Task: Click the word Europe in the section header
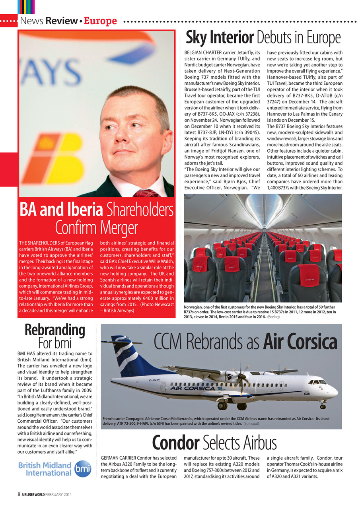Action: [x=100, y=21]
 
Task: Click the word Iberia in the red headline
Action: [x=84, y=210]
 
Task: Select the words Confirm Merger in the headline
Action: [x=96, y=228]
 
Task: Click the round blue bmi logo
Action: [x=83, y=468]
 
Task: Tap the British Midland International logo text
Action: [x=45, y=469]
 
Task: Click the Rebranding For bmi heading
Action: [x=55, y=336]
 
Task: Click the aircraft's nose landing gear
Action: [x=323, y=406]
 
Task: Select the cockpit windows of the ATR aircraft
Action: [x=317, y=382]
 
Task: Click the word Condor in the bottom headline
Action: [x=175, y=443]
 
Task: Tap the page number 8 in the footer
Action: [x=19, y=494]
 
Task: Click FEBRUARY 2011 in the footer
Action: [x=58, y=494]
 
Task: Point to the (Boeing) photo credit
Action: [x=274, y=317]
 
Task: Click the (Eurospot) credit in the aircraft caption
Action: [x=251, y=424]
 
